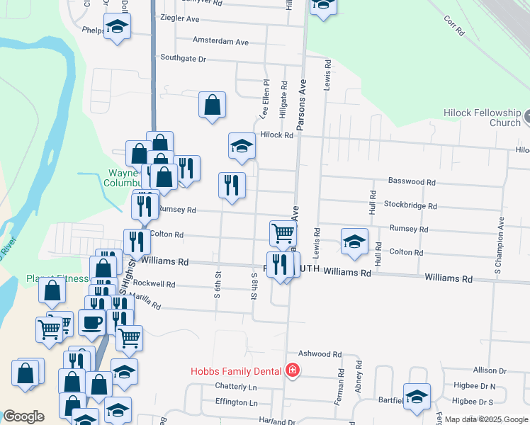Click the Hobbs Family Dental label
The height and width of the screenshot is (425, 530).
click(x=236, y=371)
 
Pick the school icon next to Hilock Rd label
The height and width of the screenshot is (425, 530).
click(x=242, y=146)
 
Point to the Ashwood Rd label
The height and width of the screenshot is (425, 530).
click(x=320, y=354)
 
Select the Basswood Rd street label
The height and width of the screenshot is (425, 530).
click(x=411, y=182)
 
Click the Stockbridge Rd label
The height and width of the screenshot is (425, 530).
click(x=410, y=206)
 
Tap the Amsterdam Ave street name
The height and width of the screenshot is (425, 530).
click(x=220, y=42)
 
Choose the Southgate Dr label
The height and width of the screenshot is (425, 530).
click(x=183, y=58)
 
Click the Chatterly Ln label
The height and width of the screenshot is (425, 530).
click(x=236, y=387)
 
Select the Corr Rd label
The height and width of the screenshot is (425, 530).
click(x=455, y=26)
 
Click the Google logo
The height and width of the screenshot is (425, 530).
click(x=23, y=416)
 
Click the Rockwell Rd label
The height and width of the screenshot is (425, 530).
click(x=157, y=284)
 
